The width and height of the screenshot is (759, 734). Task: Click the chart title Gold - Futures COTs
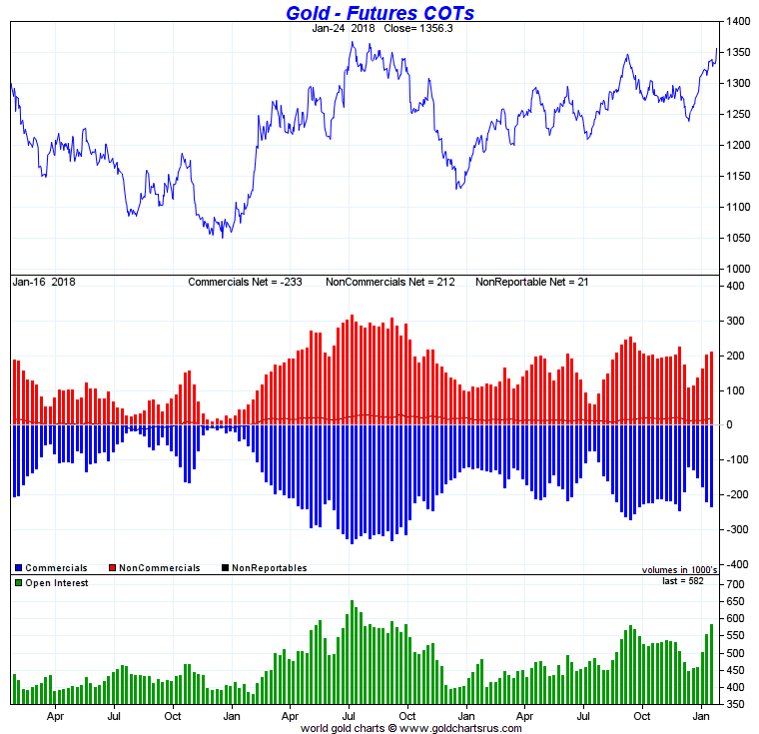pyautogui.click(x=379, y=13)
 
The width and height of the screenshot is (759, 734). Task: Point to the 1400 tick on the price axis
pyautogui.click(x=738, y=21)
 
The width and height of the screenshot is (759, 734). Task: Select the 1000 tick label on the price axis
pyautogui.click(x=738, y=269)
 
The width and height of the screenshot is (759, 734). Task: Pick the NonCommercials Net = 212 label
pyautogui.click(x=390, y=282)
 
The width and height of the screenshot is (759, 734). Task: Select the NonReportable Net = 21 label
pyautogui.click(x=532, y=282)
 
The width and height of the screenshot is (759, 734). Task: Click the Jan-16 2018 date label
pyautogui.click(x=43, y=282)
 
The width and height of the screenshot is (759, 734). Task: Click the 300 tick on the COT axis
pyautogui.click(x=736, y=321)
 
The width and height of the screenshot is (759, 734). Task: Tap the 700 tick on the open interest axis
pyautogui.click(x=736, y=583)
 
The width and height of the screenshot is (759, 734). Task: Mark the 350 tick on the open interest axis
pyautogui.click(x=736, y=704)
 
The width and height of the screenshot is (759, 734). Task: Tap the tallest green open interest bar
pyautogui.click(x=353, y=652)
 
